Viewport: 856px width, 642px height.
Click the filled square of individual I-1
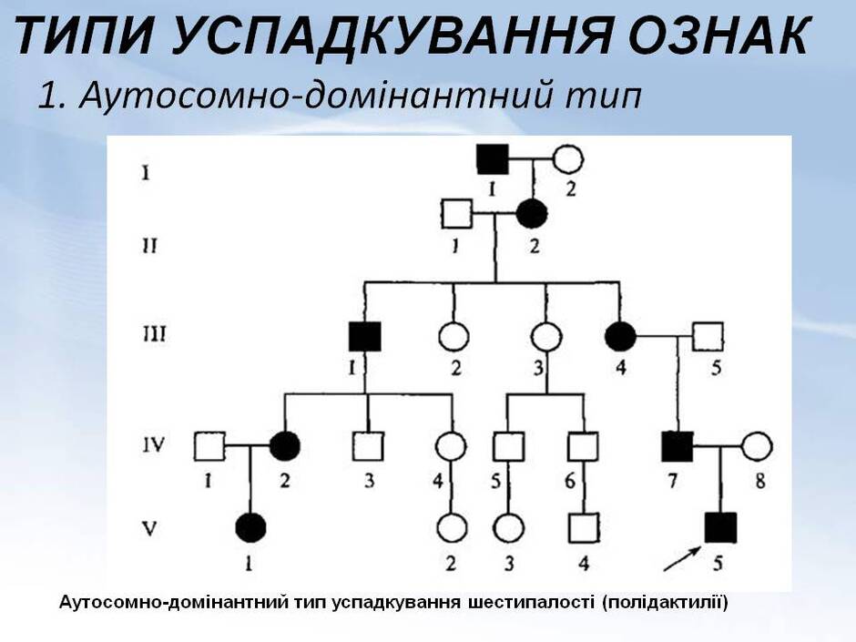click(x=493, y=159)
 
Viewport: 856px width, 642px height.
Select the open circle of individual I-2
click(x=567, y=159)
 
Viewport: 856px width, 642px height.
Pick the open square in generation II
click(x=456, y=213)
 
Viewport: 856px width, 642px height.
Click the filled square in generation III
click(x=364, y=336)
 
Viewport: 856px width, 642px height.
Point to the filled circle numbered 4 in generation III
click(x=621, y=336)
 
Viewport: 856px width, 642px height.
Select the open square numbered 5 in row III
click(x=708, y=336)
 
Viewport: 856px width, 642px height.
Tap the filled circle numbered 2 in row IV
click(x=285, y=446)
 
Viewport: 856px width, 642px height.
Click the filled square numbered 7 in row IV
click(x=678, y=446)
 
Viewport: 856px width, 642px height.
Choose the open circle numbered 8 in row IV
click(x=757, y=446)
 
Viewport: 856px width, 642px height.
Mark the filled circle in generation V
click(x=250, y=528)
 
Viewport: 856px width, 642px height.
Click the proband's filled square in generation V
click(x=720, y=528)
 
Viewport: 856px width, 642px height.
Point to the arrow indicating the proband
click(x=682, y=558)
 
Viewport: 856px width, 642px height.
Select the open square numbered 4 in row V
click(x=584, y=528)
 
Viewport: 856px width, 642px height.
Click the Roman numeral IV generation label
click(x=153, y=446)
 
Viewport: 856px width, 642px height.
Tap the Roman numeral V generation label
click(x=149, y=528)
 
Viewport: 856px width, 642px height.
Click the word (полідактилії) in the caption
click(x=665, y=603)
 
